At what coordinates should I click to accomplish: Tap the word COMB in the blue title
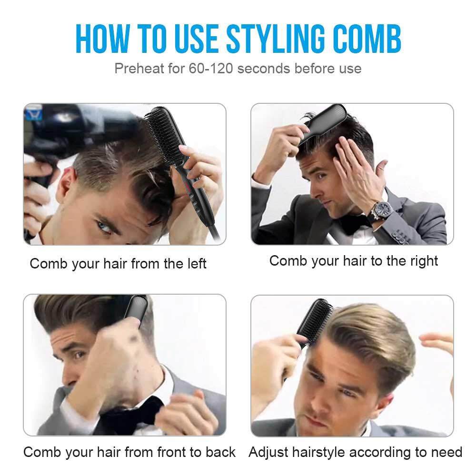pos(367,39)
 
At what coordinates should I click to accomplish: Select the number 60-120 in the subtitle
pos(211,68)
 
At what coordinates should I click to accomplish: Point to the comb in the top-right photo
pos(323,123)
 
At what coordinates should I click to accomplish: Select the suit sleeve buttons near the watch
pos(401,237)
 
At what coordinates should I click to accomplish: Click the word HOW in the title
pos(102,39)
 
